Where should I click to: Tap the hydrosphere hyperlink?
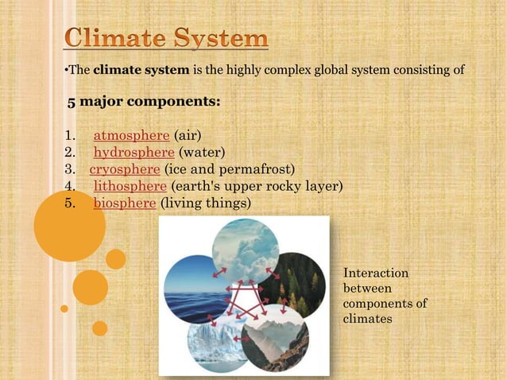pos(134,152)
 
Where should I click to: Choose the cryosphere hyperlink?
pos(125,169)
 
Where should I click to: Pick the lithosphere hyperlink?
pos(130,186)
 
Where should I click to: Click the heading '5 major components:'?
pos(144,103)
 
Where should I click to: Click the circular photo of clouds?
pos(245,248)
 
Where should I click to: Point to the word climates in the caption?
pos(366,319)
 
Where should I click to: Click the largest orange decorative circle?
pos(69,226)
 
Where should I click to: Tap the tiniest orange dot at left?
pos(64,308)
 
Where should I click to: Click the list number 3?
pos(69,169)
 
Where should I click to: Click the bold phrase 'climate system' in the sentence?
pos(141,69)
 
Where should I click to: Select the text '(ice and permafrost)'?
pos(229,169)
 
